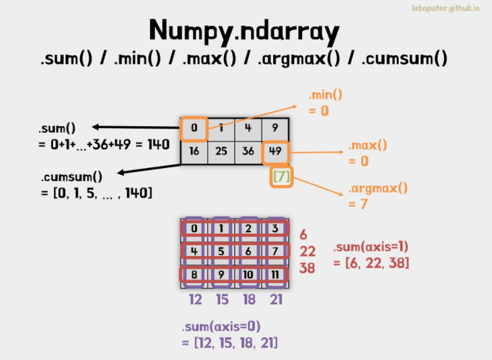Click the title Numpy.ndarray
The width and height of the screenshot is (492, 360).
click(x=244, y=31)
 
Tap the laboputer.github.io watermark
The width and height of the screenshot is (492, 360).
click(x=446, y=8)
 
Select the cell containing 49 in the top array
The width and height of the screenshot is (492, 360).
click(x=275, y=153)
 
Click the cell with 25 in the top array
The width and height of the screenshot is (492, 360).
click(x=221, y=153)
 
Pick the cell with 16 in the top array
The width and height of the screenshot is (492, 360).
click(x=194, y=153)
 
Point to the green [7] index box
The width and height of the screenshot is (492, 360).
click(x=281, y=177)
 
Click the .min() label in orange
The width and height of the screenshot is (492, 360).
click(x=325, y=95)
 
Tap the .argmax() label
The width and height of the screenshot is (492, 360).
click(x=378, y=189)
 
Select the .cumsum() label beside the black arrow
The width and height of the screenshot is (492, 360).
click(x=72, y=177)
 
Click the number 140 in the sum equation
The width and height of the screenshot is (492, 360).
click(x=158, y=145)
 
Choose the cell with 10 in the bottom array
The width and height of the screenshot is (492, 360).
click(x=248, y=275)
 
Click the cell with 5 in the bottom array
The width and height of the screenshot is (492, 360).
click(x=221, y=251)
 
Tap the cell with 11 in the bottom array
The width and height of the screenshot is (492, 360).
click(x=275, y=275)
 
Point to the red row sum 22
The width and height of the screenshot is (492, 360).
click(x=307, y=251)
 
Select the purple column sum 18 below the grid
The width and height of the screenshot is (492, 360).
click(x=250, y=299)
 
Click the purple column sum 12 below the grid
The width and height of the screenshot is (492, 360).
click(x=195, y=299)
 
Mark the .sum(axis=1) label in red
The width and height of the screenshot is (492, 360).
click(x=371, y=247)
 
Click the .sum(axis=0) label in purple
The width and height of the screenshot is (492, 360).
click(x=221, y=327)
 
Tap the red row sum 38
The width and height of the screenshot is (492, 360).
click(x=307, y=268)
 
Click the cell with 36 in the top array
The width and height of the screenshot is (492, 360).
click(x=248, y=153)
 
